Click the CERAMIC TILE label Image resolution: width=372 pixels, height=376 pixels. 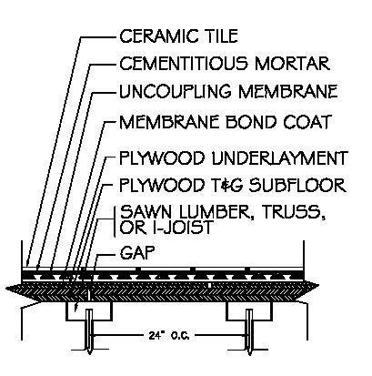pyautogui.click(x=178, y=36)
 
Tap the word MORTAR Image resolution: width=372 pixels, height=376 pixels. pyautogui.click(x=292, y=64)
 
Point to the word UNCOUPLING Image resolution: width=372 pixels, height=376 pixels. pyautogui.click(x=175, y=92)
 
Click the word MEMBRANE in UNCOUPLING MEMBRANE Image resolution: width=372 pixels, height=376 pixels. pyautogui.click(x=288, y=92)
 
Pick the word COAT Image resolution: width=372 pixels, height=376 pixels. pyautogui.click(x=307, y=122)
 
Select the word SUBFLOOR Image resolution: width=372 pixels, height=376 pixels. pyautogui.click(x=297, y=185)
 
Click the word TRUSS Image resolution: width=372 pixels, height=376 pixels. pyautogui.click(x=294, y=212)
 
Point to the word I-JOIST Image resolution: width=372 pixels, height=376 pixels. pyautogui.click(x=181, y=227)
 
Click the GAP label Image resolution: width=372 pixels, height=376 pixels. pyautogui.click(x=137, y=253)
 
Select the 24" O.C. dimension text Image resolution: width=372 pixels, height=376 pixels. pyautogui.click(x=169, y=336)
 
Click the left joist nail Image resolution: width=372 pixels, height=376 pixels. pyautogui.click(x=89, y=331)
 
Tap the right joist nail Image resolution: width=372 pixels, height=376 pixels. pyautogui.click(x=249, y=332)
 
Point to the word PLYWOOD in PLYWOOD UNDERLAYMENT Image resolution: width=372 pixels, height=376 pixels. pyautogui.click(x=162, y=158)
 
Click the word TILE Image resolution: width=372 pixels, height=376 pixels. pyautogui.click(x=220, y=36)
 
